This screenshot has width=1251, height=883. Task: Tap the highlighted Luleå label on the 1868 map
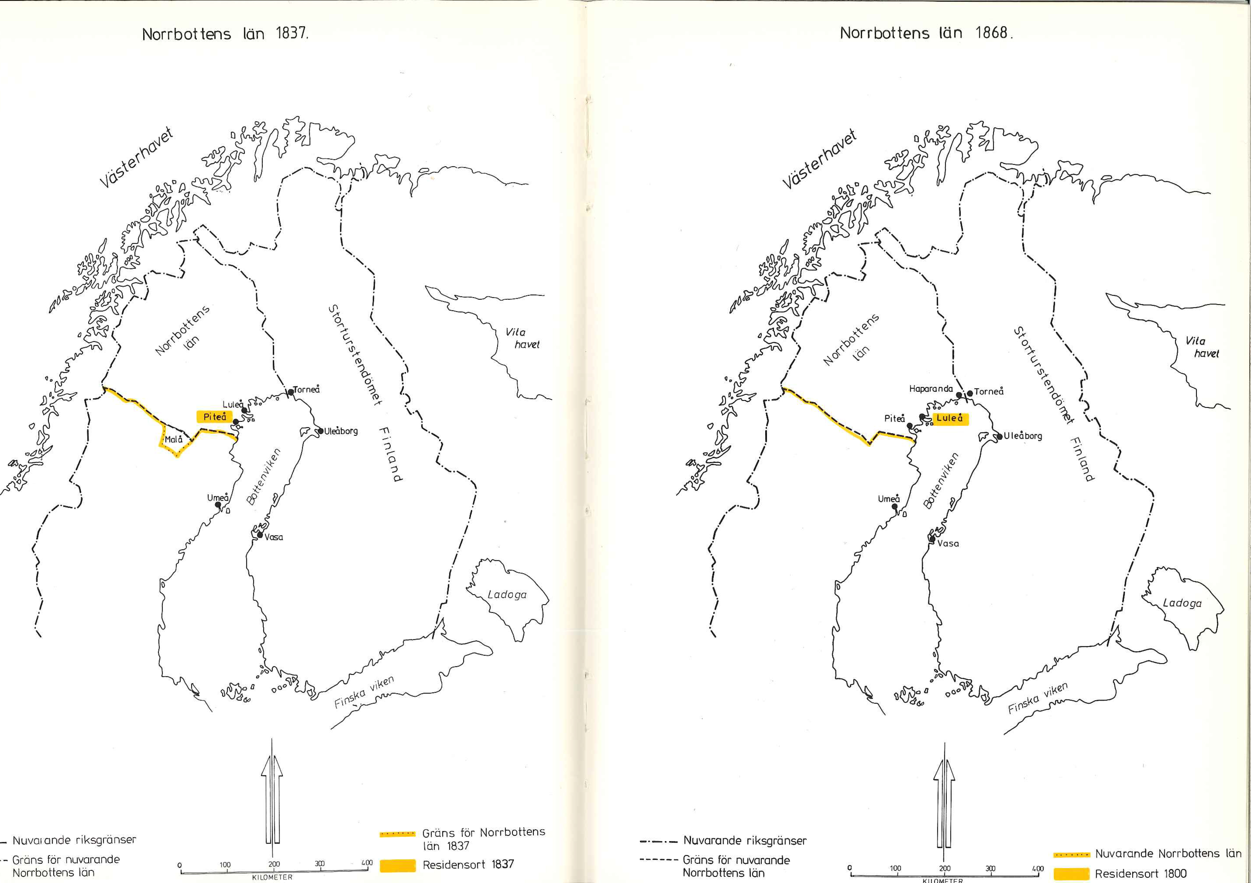[950, 418]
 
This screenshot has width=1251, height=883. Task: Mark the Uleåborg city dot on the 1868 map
[999, 436]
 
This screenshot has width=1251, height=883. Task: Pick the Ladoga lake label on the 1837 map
[507, 594]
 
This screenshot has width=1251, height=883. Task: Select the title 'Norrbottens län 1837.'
[225, 34]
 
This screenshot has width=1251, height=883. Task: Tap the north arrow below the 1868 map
[944, 801]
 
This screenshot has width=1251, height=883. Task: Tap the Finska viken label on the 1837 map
[364, 692]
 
